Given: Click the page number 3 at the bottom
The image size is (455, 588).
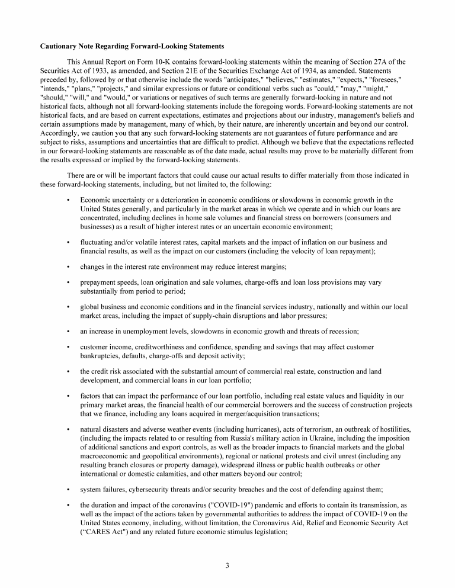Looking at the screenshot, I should point(227,565).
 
